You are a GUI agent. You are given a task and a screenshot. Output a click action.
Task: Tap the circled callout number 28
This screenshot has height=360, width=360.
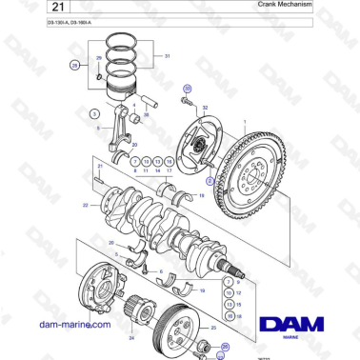(74, 66)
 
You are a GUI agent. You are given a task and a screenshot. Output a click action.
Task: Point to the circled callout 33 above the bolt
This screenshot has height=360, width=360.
(187, 87)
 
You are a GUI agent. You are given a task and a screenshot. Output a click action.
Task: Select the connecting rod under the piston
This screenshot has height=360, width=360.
(125, 129)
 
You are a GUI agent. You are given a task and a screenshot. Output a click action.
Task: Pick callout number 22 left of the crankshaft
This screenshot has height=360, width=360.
(85, 204)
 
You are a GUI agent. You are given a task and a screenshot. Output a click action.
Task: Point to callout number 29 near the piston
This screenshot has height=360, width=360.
(98, 58)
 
